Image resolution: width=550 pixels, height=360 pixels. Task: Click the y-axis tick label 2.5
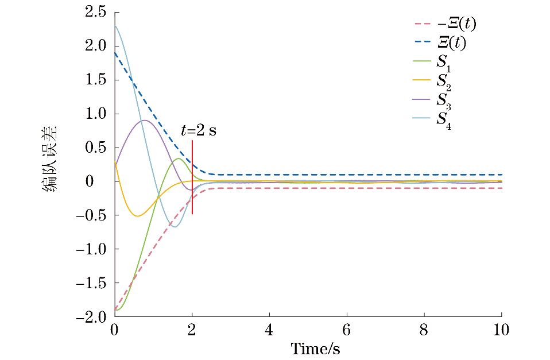(95, 12)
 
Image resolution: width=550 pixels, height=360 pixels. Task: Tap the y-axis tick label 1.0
(95, 114)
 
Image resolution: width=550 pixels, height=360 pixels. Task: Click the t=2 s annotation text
(198, 130)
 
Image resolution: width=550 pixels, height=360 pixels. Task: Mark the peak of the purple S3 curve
(144, 120)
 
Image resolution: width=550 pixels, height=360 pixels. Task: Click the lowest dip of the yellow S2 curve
(137, 216)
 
